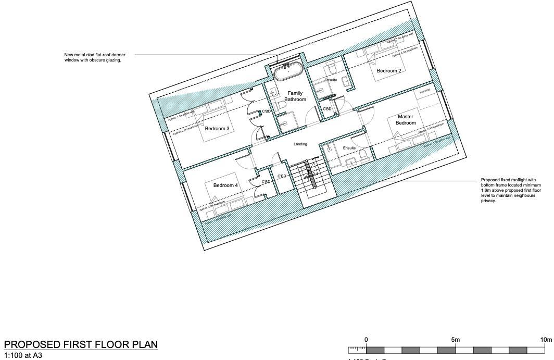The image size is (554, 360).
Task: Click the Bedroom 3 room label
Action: click(x=217, y=128)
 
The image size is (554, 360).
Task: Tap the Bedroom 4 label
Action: click(x=225, y=185)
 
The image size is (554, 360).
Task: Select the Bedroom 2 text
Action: click(x=388, y=70)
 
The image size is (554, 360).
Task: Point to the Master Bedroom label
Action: click(x=406, y=120)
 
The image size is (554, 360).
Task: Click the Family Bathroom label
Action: click(x=295, y=96)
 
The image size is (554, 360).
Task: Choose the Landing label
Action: click(x=300, y=144)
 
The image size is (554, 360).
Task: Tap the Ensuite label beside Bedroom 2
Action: click(x=331, y=80)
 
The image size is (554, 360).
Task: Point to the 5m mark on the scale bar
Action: click(x=456, y=340)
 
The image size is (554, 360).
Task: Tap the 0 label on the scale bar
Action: click(x=366, y=340)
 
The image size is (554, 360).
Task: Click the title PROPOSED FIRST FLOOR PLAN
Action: click(x=81, y=346)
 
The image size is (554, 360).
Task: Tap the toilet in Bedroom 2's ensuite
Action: click(x=330, y=69)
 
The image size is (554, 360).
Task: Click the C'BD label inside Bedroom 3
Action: click(x=266, y=111)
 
